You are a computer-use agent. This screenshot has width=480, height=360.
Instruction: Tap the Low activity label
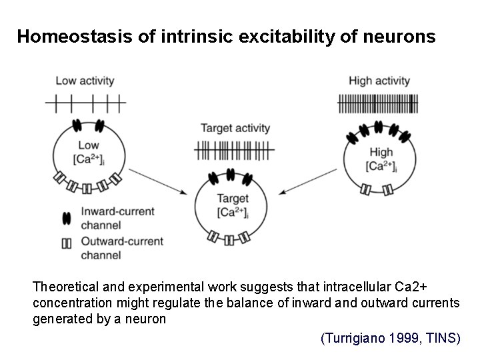tap(85, 81)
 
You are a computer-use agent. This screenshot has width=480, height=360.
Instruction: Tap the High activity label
tap(379, 81)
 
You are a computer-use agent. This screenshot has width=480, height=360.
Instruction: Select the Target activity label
tap(235, 128)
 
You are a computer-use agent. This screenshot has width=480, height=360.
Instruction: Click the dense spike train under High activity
tap(379, 103)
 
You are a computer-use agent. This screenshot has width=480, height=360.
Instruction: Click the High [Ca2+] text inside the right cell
tap(380, 159)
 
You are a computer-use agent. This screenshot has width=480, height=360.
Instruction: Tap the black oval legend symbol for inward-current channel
tap(66, 218)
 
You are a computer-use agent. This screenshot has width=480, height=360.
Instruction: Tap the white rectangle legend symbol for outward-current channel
tap(66, 243)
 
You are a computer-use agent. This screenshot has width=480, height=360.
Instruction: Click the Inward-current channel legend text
tap(117, 218)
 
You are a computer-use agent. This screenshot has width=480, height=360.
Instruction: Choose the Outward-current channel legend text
tap(121, 247)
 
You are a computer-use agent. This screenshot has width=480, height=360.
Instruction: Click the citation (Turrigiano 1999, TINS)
tap(390, 339)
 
